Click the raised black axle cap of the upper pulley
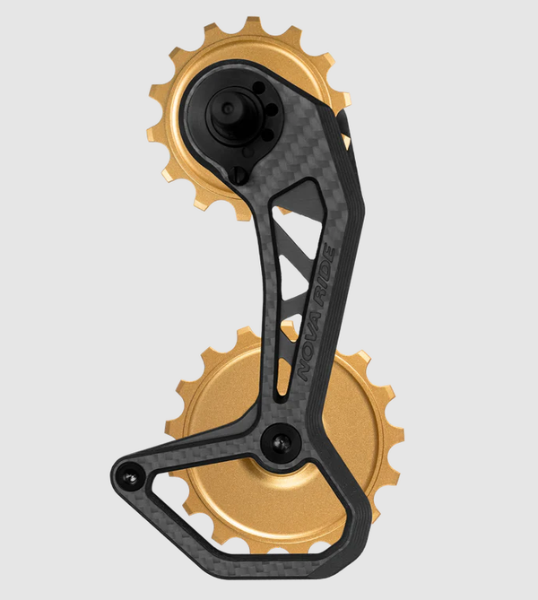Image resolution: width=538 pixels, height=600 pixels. pyautogui.click(x=226, y=110)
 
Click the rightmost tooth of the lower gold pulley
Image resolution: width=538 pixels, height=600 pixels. pyautogui.click(x=395, y=435)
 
